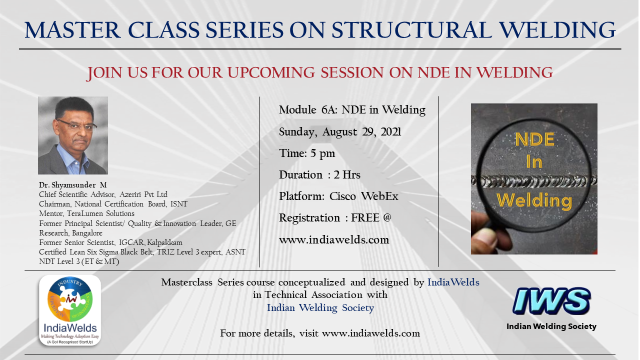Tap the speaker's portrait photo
[73, 135]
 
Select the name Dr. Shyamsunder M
[73, 185]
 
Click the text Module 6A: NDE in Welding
[352, 110]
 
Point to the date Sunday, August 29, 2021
[340, 132]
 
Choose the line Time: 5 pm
[307, 153]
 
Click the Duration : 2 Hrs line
[319, 175]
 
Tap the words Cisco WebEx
[363, 196]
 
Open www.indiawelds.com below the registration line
[334, 239]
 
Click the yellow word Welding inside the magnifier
[534, 200]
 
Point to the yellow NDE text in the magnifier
[535, 139]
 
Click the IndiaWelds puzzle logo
[70, 310]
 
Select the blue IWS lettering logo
[551, 301]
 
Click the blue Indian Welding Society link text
[320, 308]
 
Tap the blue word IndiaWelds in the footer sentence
[453, 282]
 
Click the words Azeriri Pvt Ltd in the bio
[143, 194]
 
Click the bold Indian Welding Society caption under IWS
[551, 326]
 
